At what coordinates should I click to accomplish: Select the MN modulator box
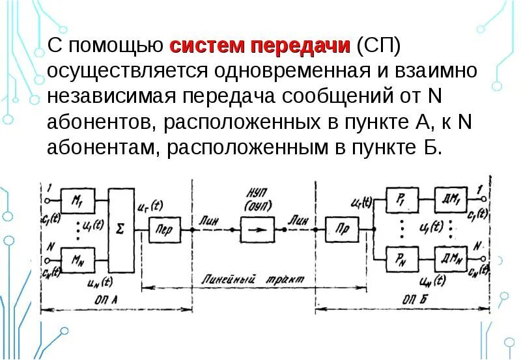[x=77, y=260]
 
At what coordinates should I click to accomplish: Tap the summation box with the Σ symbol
[x=120, y=230]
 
